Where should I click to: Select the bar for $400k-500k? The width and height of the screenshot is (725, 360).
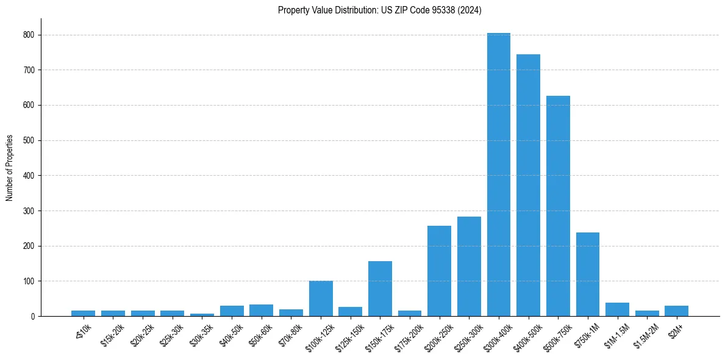click(528, 185)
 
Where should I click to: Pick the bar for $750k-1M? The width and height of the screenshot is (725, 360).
click(588, 275)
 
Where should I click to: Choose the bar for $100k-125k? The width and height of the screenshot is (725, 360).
click(321, 299)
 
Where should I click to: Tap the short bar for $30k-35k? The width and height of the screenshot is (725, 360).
click(202, 315)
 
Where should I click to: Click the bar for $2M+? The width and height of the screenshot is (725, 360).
click(676, 311)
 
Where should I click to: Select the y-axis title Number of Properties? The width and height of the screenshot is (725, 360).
click(10, 167)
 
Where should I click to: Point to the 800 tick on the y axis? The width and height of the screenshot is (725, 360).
click(30, 35)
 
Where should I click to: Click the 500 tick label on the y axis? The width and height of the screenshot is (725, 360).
click(30, 140)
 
